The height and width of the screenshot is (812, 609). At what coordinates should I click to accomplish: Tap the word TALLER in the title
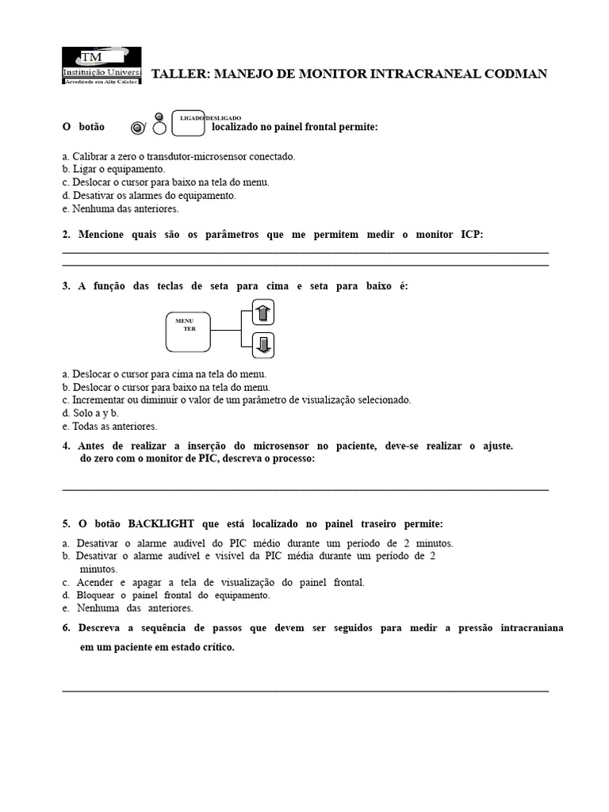click(177, 74)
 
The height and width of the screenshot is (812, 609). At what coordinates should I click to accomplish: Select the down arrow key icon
click(264, 344)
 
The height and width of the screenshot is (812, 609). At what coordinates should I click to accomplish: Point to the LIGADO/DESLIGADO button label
click(210, 117)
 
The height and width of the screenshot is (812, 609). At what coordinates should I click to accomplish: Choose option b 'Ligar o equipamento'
click(113, 169)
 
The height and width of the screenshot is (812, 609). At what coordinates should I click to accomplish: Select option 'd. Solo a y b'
click(90, 413)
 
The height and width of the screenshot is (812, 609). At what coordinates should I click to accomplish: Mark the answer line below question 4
click(305, 489)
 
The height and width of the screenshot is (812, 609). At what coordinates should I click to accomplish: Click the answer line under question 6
click(305, 691)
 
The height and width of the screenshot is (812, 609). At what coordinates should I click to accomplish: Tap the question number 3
click(66, 286)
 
